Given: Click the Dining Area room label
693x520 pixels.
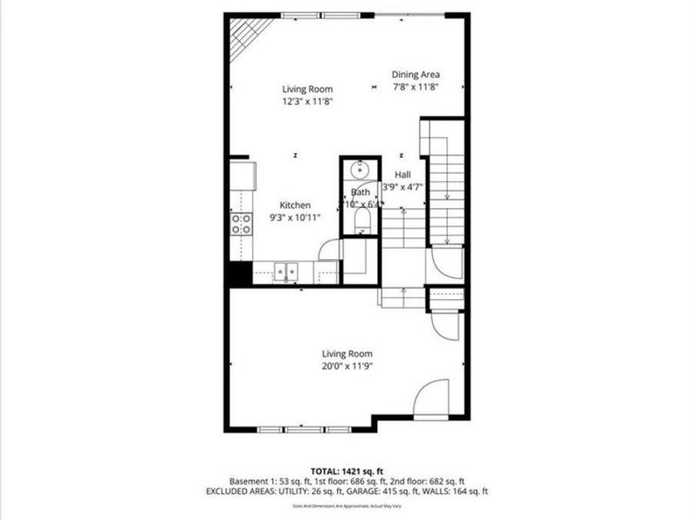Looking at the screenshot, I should (x=415, y=75).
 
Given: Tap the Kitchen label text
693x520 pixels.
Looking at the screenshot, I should (x=295, y=205).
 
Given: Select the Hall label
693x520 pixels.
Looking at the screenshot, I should (x=403, y=175).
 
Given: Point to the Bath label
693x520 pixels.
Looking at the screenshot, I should (x=360, y=192).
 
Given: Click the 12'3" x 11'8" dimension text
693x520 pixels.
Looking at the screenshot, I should (x=307, y=101).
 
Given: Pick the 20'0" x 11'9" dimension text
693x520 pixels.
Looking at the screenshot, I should (x=348, y=367).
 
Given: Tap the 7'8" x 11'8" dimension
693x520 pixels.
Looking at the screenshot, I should (x=415, y=87).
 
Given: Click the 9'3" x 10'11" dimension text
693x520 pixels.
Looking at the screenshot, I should (x=295, y=217).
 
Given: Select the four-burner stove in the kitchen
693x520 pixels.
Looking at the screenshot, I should (x=241, y=223).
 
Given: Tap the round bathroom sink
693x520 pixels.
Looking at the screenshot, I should (x=360, y=170).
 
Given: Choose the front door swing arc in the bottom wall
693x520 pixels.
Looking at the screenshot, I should (x=433, y=399).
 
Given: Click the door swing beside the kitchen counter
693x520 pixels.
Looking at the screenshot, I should (x=330, y=249).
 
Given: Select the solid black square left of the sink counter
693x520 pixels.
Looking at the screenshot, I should (x=238, y=273).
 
